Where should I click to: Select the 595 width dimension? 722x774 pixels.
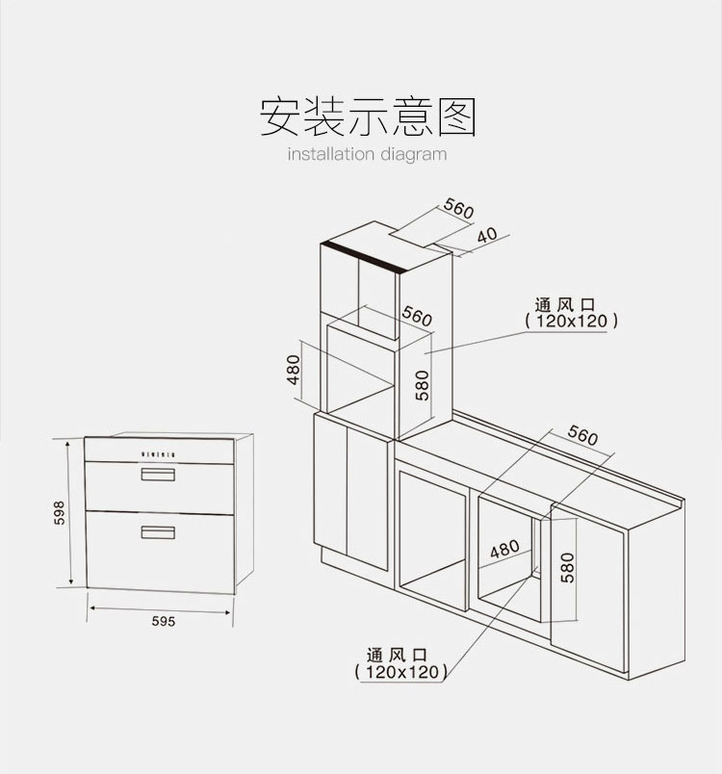click(163, 622)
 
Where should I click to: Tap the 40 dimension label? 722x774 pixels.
click(487, 236)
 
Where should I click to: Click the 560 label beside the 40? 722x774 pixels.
click(459, 209)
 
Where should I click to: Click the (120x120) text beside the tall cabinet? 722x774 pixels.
click(572, 322)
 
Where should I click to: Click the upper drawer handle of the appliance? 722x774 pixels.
click(158, 474)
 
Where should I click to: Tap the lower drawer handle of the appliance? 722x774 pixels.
click(158, 532)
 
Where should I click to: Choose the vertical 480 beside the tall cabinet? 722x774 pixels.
click(295, 370)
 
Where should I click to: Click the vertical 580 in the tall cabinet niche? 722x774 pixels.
click(421, 384)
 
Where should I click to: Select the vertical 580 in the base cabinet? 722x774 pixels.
click(567, 566)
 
